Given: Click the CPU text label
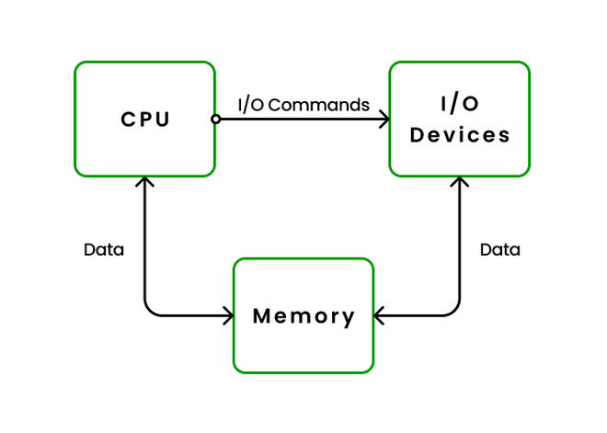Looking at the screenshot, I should [x=145, y=120].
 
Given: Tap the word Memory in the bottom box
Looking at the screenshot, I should [x=303, y=316].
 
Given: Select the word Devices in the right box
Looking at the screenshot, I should [x=460, y=135].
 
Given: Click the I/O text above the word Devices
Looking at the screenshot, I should [x=460, y=104].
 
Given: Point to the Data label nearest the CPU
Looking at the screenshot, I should [x=104, y=249].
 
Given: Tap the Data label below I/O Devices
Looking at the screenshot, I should [x=500, y=249].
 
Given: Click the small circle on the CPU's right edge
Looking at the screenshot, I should [x=215, y=119].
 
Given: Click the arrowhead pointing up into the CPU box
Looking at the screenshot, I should [x=144, y=181].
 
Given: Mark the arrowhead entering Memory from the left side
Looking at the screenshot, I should [x=227, y=316].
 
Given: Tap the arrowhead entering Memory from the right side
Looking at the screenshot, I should [x=381, y=316].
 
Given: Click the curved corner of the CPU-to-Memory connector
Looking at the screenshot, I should [x=149, y=311].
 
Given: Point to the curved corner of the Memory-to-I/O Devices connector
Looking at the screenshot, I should [x=455, y=311].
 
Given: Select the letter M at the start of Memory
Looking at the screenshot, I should [x=261, y=316].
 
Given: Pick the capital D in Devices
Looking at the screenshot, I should [x=418, y=135].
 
